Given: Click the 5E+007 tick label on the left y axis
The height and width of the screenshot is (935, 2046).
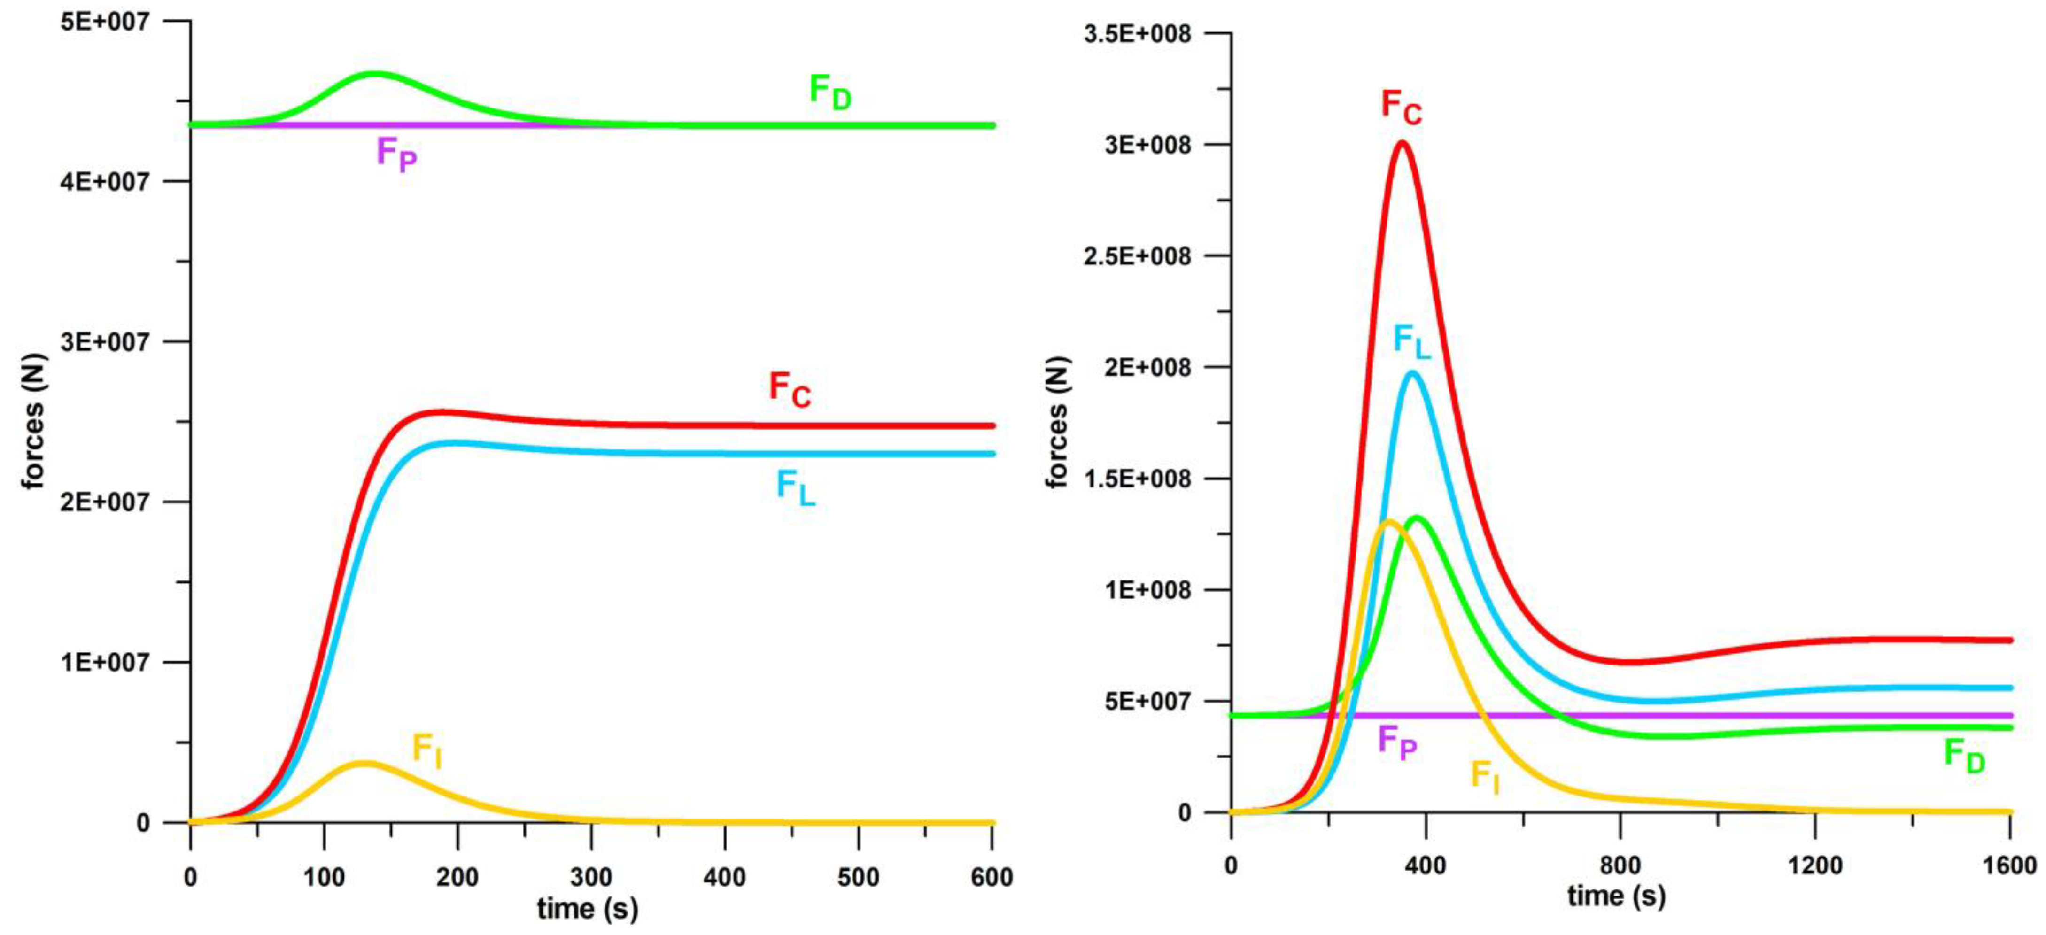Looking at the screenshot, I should pos(105,22).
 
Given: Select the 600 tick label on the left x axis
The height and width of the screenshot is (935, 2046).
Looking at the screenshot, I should pos(992,877).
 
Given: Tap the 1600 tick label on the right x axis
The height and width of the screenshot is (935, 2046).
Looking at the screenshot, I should pos(2009,865).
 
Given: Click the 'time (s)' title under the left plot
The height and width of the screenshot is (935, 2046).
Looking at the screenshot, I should pos(587,908).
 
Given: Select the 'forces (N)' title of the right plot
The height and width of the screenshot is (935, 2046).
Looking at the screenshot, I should pos(1057,422).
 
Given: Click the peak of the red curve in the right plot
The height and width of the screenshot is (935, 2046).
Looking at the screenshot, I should pos(1402,143).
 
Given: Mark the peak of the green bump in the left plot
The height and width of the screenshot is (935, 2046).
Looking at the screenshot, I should pos(374,74).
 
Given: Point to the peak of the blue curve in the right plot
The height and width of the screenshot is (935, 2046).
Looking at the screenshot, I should pos(1413,372).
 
